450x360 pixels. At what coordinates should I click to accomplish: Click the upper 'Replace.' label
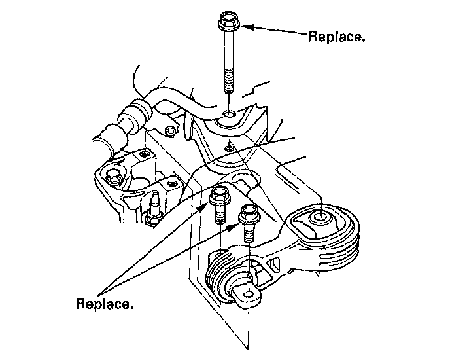(x=336, y=37)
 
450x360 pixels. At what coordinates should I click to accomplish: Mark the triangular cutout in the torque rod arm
(x=275, y=265)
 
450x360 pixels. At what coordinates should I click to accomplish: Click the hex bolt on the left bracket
(x=113, y=176)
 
